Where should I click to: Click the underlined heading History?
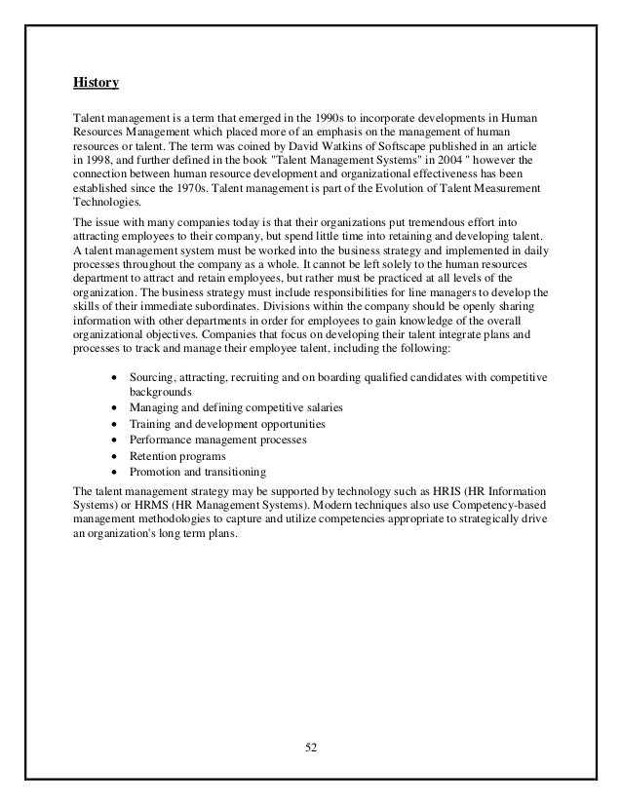tap(96, 84)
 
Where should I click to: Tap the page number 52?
tap(310, 748)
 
